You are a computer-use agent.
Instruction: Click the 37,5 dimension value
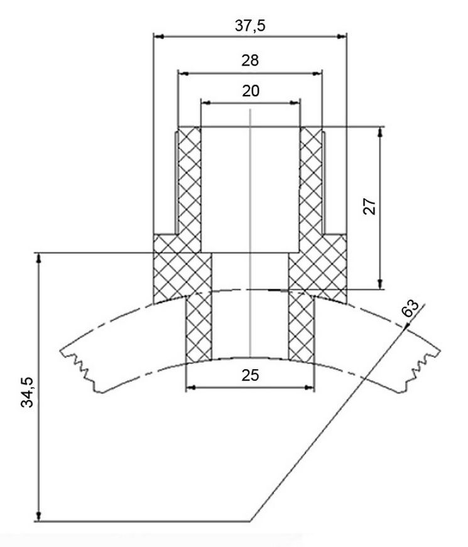[250, 26]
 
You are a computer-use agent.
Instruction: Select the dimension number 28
[250, 60]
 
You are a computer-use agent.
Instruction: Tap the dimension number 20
[251, 91]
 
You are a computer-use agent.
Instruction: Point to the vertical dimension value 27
[369, 206]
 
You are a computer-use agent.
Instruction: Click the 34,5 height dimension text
[27, 392]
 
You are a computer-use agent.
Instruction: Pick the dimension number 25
[250, 375]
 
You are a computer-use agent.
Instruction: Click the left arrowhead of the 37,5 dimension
[158, 36]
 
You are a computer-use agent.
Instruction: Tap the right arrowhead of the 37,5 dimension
[342, 36]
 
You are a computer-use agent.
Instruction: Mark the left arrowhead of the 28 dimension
[183, 74]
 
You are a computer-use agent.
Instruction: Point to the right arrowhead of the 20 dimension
[295, 102]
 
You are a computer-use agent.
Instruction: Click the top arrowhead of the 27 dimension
[381, 132]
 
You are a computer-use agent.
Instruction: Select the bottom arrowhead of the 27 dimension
[381, 284]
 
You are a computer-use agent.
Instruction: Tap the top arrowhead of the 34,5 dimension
[39, 258]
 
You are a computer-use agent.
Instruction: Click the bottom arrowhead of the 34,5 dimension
[39, 516]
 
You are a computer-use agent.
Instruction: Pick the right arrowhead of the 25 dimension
[309, 387]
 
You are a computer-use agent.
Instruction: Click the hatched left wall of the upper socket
[190, 189]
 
